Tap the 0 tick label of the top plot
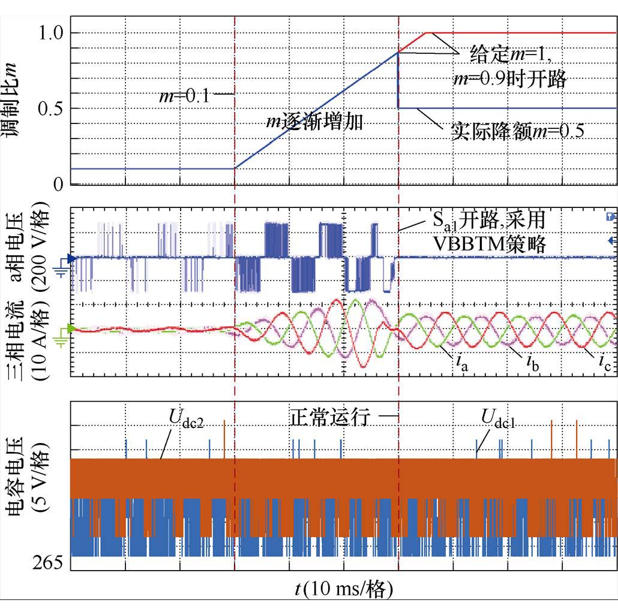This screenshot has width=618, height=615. click(58, 184)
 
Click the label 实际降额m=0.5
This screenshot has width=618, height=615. click(517, 131)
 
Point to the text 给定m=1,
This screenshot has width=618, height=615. click(511, 55)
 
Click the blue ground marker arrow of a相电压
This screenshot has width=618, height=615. click(71, 259)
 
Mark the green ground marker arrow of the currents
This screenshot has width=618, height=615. click(71, 328)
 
